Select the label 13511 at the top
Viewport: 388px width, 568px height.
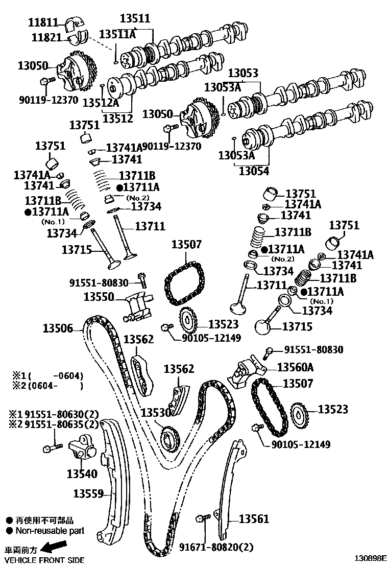pyautogui.click(x=135, y=18)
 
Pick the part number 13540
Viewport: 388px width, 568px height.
pyautogui.click(x=82, y=474)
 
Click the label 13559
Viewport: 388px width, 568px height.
pyautogui.click(x=88, y=493)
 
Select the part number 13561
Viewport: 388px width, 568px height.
pyautogui.click(x=253, y=519)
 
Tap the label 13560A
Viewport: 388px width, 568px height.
pyautogui.click(x=295, y=367)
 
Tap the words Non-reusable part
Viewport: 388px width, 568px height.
pyautogui.click(x=44, y=531)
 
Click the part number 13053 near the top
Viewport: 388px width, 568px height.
pyautogui.click(x=243, y=74)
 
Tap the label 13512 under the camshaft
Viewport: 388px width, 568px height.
pyautogui.click(x=117, y=119)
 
